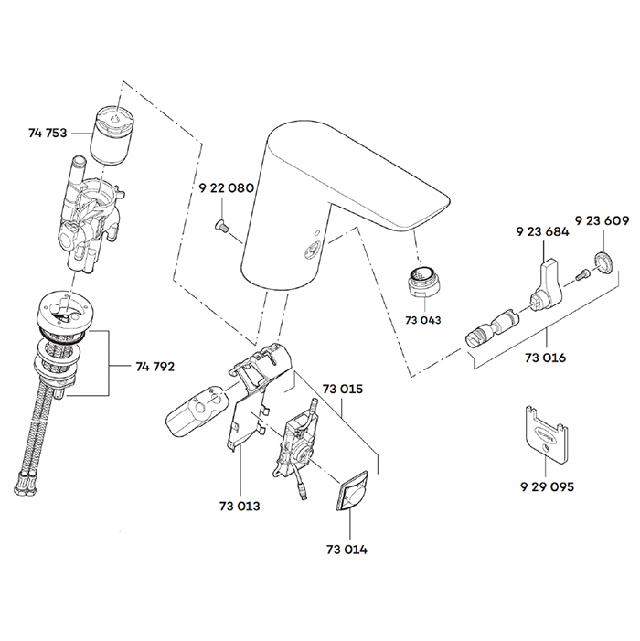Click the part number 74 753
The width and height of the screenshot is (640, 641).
[48, 133]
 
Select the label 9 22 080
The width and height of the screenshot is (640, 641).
[226, 187]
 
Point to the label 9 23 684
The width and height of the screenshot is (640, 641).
[542, 232]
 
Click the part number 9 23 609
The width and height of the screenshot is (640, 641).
[602, 221]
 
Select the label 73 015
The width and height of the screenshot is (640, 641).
[342, 389]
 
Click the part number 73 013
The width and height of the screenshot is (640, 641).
[240, 505]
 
